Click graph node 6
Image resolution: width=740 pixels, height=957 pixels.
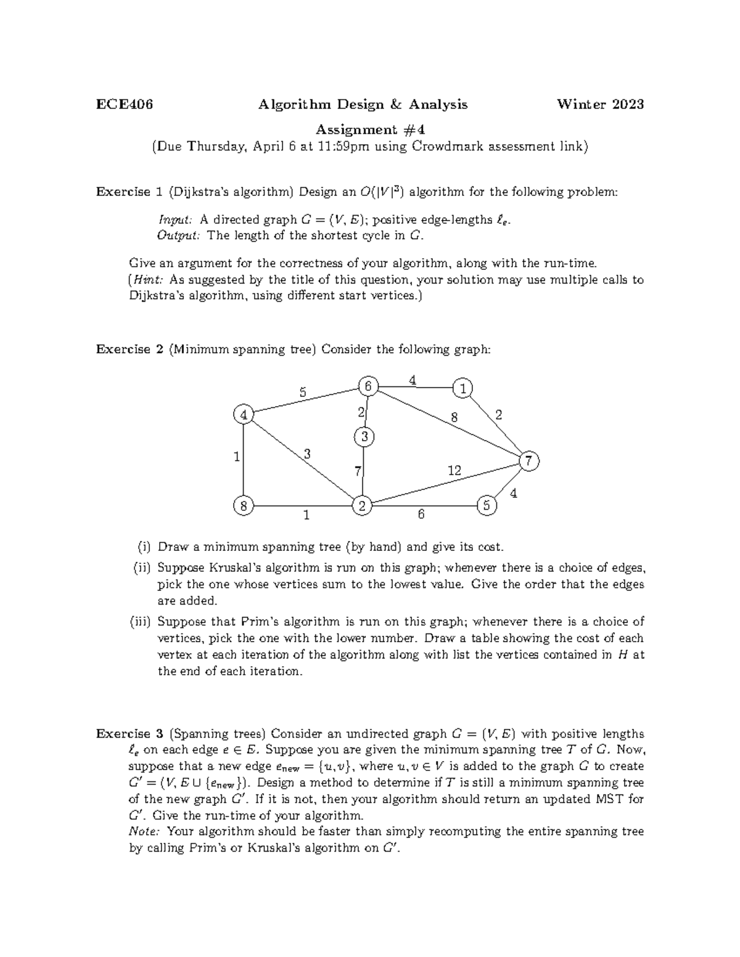click(x=368, y=386)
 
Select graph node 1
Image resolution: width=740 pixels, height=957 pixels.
click(x=462, y=388)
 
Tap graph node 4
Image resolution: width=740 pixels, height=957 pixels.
click(x=244, y=415)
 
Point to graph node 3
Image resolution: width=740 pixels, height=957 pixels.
click(x=364, y=437)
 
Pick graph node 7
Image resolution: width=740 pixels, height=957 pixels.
click(x=528, y=460)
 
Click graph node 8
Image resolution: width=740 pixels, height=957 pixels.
click(x=244, y=506)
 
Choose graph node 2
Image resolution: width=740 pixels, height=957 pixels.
click(x=361, y=506)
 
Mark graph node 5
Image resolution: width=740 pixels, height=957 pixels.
click(x=487, y=505)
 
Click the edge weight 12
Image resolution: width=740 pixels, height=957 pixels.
click(x=454, y=471)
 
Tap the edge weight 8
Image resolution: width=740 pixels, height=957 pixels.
click(x=454, y=417)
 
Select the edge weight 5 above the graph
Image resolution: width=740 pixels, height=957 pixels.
click(x=302, y=391)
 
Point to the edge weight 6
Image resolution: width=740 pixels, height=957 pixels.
click(x=421, y=514)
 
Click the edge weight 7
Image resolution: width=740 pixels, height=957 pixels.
click(x=358, y=471)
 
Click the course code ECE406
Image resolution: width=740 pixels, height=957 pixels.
click(x=125, y=104)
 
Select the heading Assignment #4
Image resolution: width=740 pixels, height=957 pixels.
click(x=370, y=129)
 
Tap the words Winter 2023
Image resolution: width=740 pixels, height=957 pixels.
click(x=600, y=104)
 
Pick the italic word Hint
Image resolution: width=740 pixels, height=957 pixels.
click(x=147, y=280)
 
